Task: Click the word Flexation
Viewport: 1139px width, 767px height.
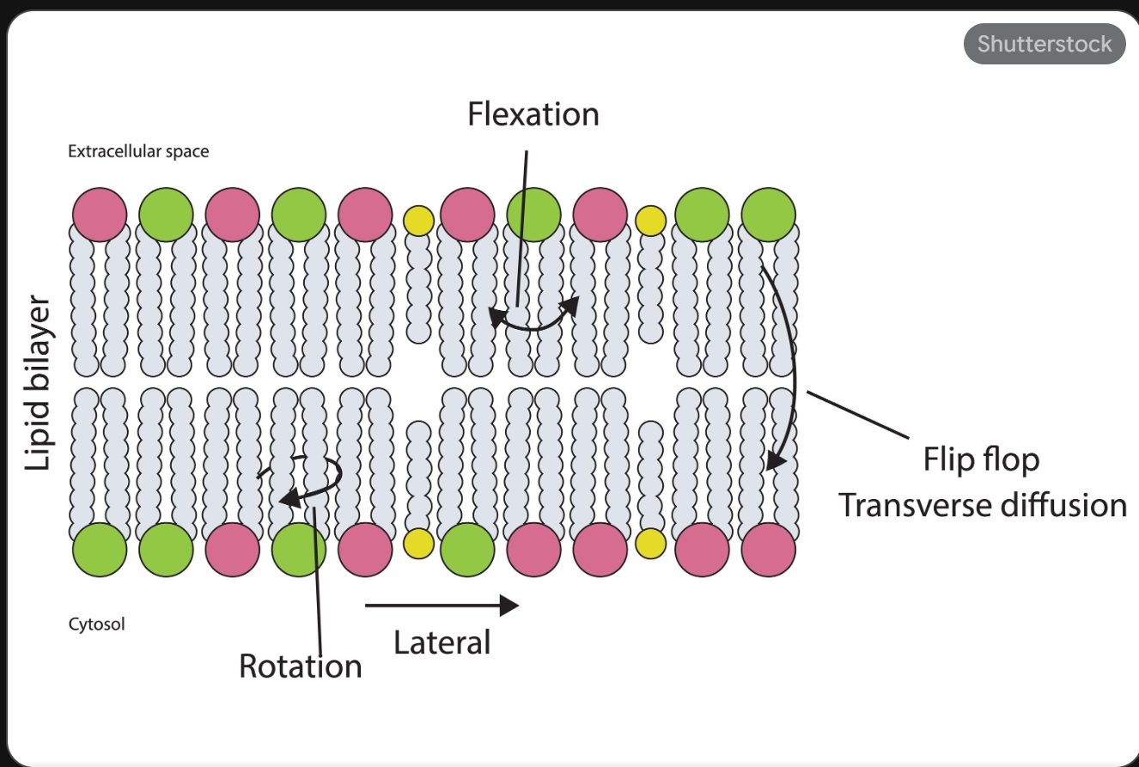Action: pyautogui.click(x=533, y=114)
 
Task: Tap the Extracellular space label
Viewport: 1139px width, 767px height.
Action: pyautogui.click(x=138, y=152)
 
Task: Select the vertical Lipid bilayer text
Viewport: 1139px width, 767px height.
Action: pyautogui.click(x=38, y=383)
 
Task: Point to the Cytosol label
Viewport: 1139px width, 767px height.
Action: pyautogui.click(x=96, y=624)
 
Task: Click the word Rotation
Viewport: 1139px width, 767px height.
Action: pyautogui.click(x=300, y=667)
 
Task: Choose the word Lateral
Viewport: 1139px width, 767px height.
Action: pyautogui.click(x=442, y=642)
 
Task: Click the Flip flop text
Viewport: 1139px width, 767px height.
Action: pyautogui.click(x=981, y=460)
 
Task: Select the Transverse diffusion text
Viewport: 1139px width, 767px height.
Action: pyautogui.click(x=982, y=505)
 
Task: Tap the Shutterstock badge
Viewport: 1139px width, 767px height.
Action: pyautogui.click(x=1044, y=44)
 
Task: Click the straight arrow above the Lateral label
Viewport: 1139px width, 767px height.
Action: pyautogui.click(x=442, y=606)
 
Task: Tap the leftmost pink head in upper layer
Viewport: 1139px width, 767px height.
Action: pyautogui.click(x=100, y=214)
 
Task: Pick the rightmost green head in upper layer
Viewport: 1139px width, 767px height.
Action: pyautogui.click(x=768, y=214)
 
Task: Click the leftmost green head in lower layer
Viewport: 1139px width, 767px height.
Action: pyautogui.click(x=100, y=550)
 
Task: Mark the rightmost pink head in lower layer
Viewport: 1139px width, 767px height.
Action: pyautogui.click(x=768, y=550)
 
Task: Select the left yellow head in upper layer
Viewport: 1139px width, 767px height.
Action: pyautogui.click(x=418, y=221)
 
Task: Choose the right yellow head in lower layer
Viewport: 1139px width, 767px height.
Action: pyautogui.click(x=650, y=543)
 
